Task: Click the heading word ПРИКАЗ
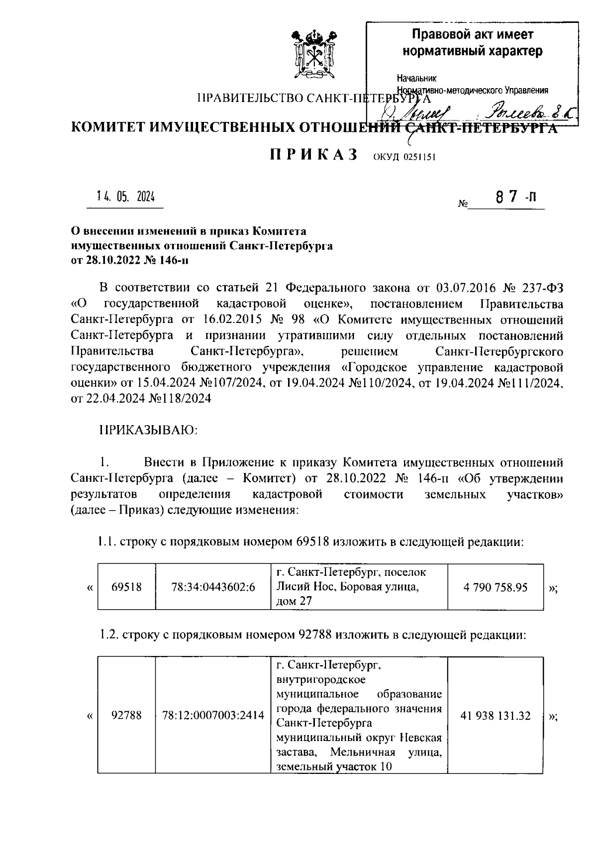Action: (x=314, y=155)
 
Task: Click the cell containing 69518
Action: (x=126, y=587)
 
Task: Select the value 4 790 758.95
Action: (x=495, y=587)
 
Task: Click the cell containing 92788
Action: (x=126, y=716)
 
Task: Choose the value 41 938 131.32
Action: (x=495, y=716)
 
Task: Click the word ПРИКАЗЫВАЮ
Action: (x=149, y=430)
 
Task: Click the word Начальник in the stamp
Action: (x=416, y=78)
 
